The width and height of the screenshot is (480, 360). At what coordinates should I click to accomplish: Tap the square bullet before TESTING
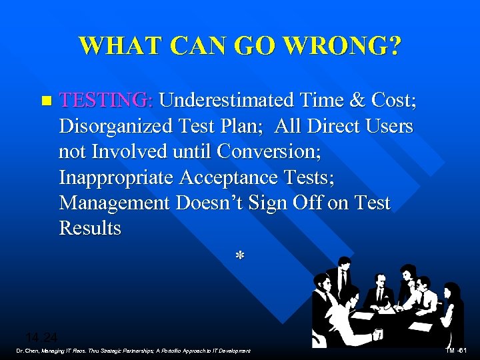coord(45,101)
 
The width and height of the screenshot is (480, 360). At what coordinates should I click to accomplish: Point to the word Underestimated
coord(231,100)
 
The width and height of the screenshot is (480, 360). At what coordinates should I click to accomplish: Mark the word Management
coord(114,203)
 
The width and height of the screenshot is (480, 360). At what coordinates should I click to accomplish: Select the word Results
coord(90,228)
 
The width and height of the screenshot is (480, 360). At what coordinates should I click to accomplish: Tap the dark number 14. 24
coord(41,337)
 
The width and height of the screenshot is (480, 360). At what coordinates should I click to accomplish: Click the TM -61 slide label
coord(459,351)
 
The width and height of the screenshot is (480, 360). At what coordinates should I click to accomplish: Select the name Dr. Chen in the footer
coord(28,351)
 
